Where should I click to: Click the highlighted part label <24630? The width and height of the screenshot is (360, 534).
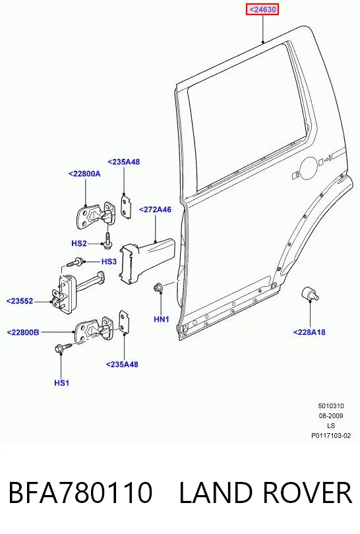coord(262,9)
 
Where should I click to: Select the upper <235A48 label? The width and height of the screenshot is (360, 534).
coord(124,162)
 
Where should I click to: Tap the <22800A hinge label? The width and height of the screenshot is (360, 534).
coord(85,173)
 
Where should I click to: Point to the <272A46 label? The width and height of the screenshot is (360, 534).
coord(156,210)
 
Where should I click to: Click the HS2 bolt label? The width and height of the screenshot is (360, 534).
coord(79,243)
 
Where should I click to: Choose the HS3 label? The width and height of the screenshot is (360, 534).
coord(109,262)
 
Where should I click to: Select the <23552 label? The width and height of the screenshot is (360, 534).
coord(20,301)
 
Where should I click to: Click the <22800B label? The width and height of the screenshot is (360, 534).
coord(23,332)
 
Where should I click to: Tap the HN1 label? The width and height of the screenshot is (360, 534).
coord(162,319)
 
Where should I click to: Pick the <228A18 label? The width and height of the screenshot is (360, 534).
coord(310,332)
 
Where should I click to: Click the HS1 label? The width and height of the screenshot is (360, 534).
coord(61,383)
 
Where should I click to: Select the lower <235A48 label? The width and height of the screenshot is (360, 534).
coord(122,365)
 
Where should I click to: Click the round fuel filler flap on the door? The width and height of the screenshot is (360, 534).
coord(309,168)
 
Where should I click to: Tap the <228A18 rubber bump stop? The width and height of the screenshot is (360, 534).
coord(310,293)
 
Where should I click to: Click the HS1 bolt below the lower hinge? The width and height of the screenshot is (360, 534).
coord(63,348)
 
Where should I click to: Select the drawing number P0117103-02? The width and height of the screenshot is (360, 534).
coord(331,436)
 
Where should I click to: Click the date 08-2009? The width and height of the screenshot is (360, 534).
coord(331,416)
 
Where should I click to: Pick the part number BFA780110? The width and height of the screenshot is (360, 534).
coord(80,492)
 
